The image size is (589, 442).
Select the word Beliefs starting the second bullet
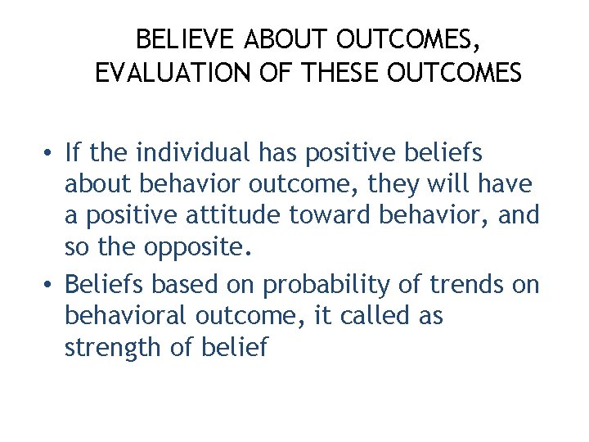click(103, 284)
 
